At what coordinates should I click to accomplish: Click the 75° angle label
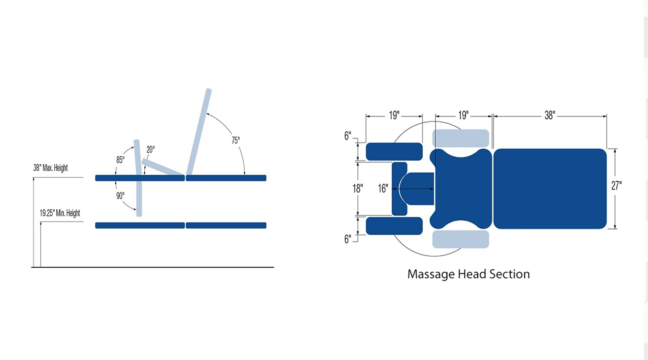click(236, 140)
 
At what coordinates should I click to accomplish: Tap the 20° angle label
click(150, 149)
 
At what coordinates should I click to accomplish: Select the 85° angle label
click(120, 160)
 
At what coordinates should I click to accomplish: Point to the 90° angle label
click(120, 196)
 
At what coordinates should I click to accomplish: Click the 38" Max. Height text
click(51, 168)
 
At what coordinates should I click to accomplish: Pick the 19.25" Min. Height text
click(60, 213)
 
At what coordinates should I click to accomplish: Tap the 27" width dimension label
click(616, 186)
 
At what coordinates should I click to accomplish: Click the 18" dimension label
click(358, 188)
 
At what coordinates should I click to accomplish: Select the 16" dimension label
click(383, 188)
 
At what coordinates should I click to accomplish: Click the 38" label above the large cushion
click(550, 115)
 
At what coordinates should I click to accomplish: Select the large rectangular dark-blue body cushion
click(550, 189)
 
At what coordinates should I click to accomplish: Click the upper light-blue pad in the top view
click(461, 139)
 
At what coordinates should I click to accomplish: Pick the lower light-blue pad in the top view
click(461, 239)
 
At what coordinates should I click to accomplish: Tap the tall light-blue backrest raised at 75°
click(199, 131)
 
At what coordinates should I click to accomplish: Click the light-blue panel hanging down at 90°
click(139, 199)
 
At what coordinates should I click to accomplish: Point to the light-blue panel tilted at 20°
click(163, 167)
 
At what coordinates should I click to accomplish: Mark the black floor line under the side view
click(153, 267)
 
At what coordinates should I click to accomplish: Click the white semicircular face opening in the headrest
click(403, 189)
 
